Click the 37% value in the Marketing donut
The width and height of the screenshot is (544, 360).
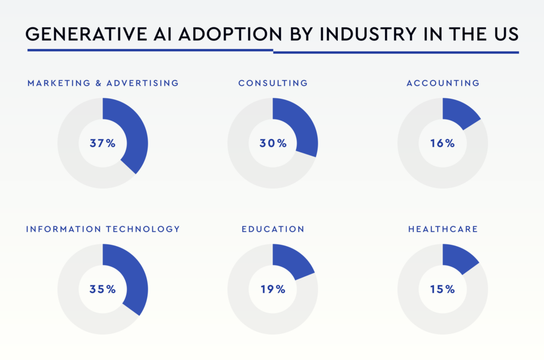pyautogui.click(x=103, y=143)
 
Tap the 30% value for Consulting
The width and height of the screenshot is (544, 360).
pyautogui.click(x=273, y=143)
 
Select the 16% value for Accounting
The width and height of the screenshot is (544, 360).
pyautogui.click(x=443, y=143)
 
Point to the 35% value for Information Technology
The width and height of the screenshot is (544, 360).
pyautogui.click(x=103, y=289)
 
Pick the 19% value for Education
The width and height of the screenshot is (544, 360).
pyautogui.click(x=273, y=289)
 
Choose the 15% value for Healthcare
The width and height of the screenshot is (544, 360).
pyautogui.click(x=443, y=289)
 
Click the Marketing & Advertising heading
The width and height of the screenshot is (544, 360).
pyautogui.click(x=103, y=83)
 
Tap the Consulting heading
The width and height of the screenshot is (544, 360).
pyautogui.click(x=273, y=83)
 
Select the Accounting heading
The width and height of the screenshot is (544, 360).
pyautogui.click(x=443, y=83)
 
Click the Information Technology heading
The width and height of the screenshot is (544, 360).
pyautogui.click(x=103, y=229)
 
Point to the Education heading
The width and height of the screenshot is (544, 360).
pyautogui.click(x=273, y=229)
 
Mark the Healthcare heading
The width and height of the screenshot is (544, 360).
pyautogui.click(x=443, y=229)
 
